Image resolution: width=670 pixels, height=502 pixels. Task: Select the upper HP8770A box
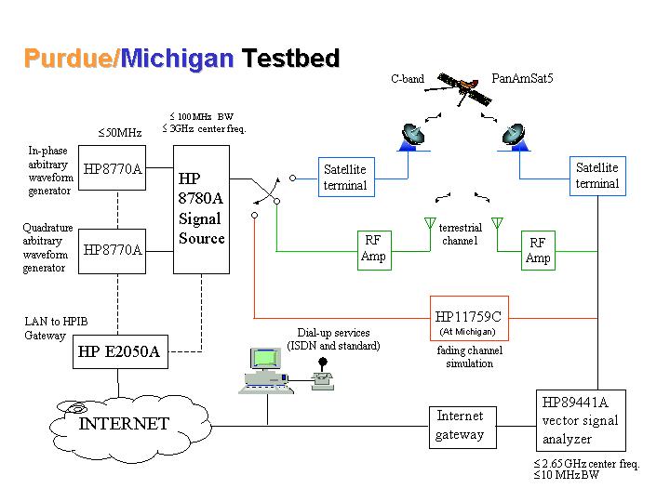click(x=113, y=169)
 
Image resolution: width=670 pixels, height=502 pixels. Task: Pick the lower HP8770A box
click(x=113, y=250)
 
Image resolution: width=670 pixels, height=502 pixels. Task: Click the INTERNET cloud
click(x=124, y=425)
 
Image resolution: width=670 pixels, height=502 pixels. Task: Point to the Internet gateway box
click(x=460, y=426)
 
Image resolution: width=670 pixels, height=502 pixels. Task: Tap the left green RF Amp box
click(x=372, y=250)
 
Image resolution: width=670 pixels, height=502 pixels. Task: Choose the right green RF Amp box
click(x=538, y=250)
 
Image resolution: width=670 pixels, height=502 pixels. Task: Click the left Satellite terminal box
click(x=344, y=177)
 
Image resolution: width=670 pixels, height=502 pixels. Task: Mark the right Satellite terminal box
click(x=596, y=176)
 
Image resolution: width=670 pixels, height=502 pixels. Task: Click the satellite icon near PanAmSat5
click(x=462, y=86)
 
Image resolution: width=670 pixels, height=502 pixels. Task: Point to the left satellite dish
click(x=412, y=136)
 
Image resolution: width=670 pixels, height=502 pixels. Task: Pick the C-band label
click(x=408, y=80)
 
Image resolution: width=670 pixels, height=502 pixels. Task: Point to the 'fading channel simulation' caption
click(x=465, y=357)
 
